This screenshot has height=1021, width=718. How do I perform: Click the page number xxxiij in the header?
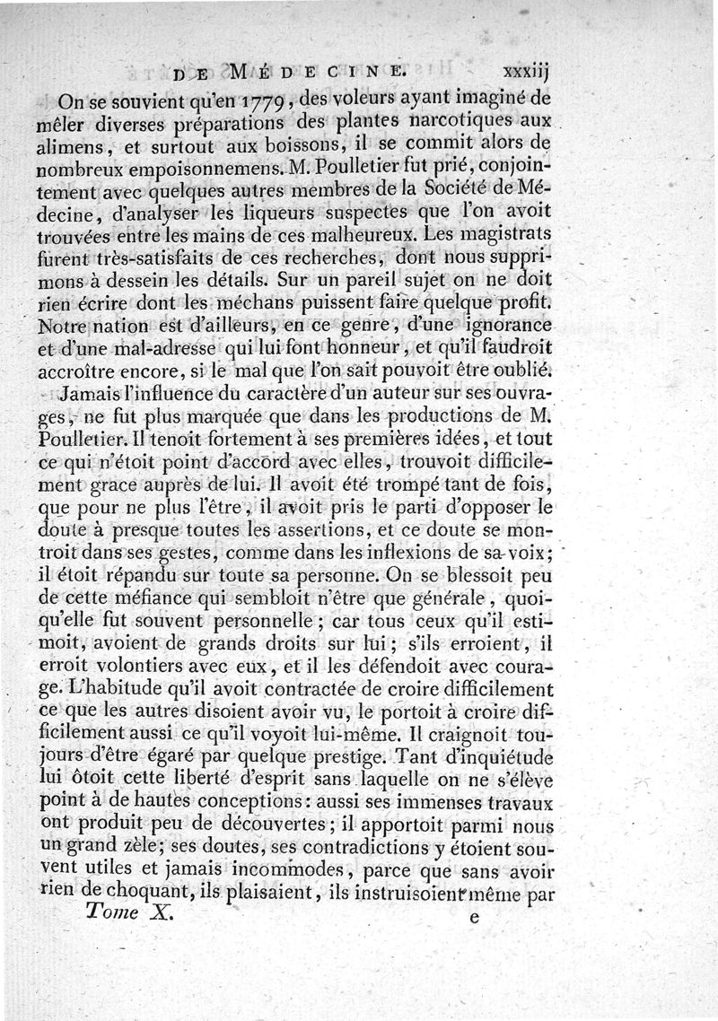pos(527,68)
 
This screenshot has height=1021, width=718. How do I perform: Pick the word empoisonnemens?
pos(183,165)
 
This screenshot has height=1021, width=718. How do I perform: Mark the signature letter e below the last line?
pos(475,917)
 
